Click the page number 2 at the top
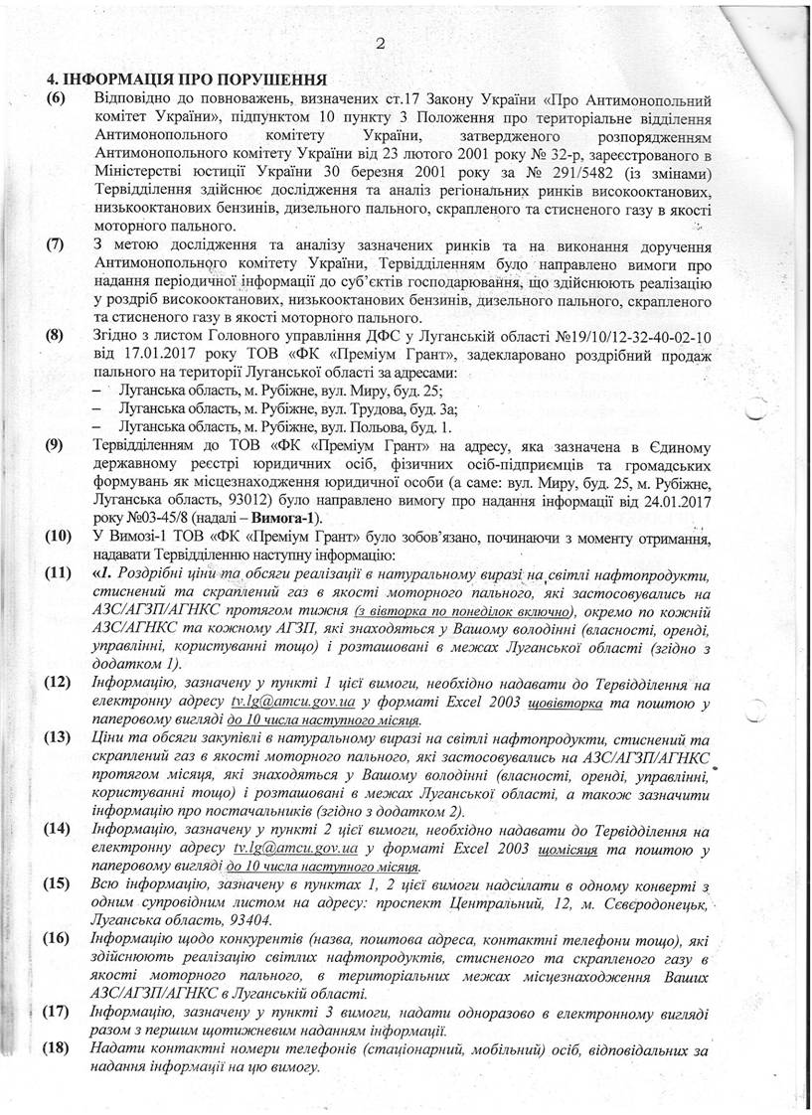pyautogui.click(x=381, y=44)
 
